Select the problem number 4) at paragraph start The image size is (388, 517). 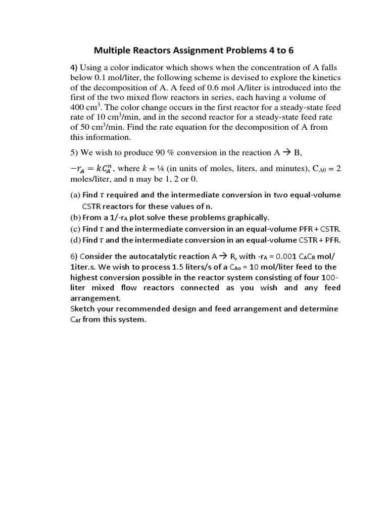[x=74, y=68]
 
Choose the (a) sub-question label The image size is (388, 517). [x=75, y=195]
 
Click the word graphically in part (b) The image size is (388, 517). [x=246, y=218]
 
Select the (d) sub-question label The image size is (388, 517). [x=75, y=240]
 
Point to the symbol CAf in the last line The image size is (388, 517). [x=75, y=319]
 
